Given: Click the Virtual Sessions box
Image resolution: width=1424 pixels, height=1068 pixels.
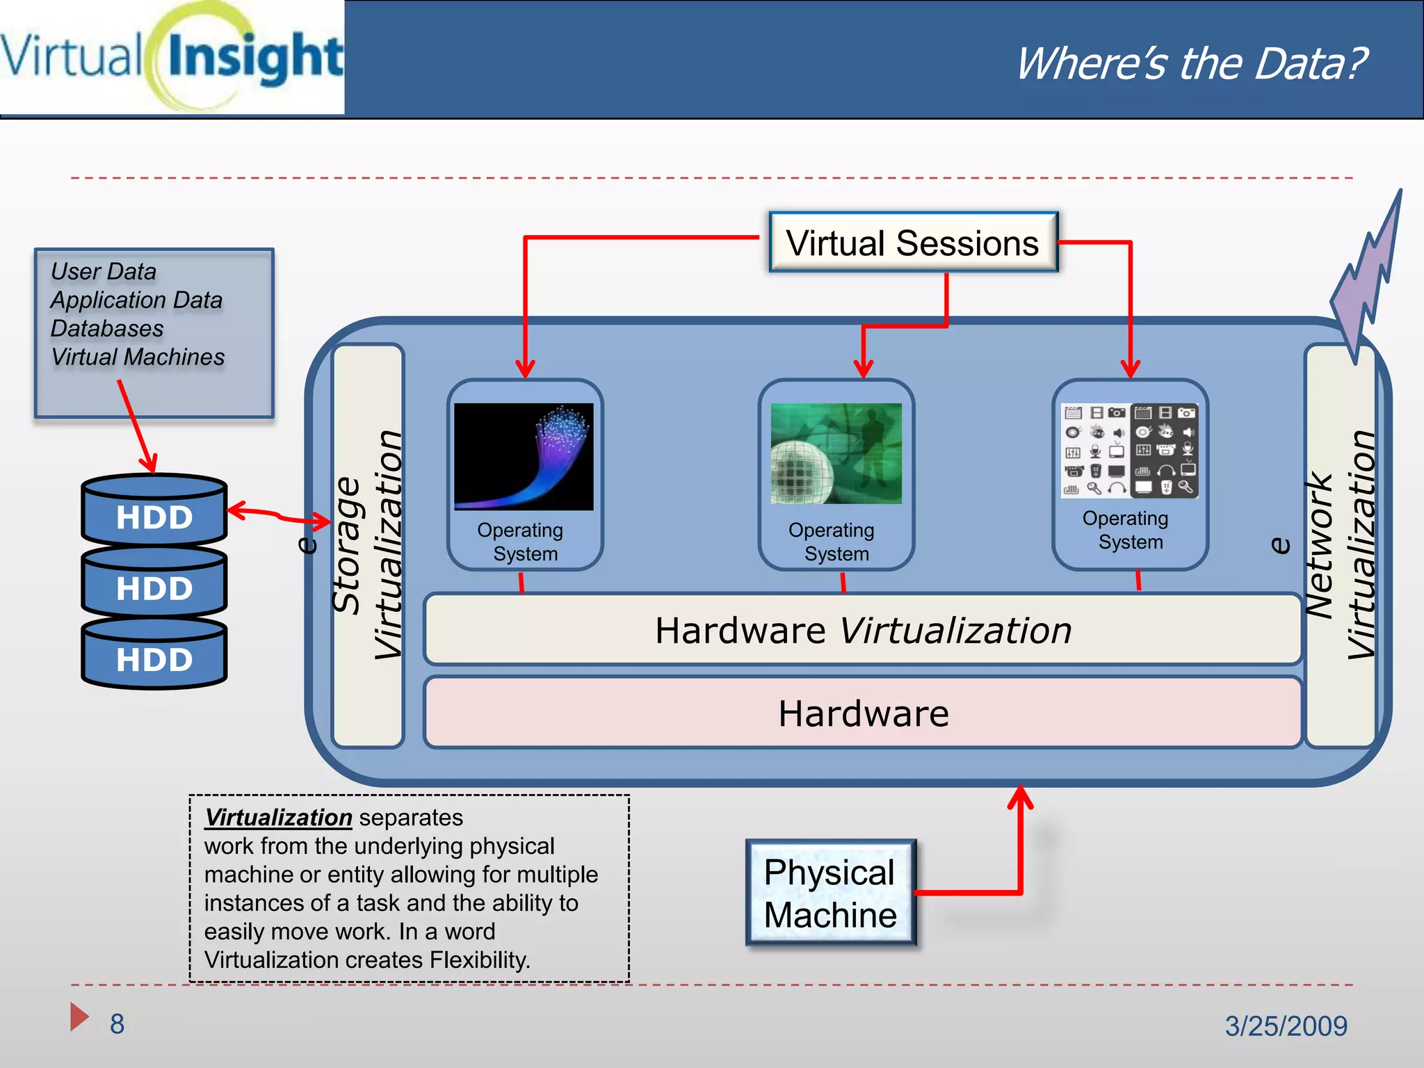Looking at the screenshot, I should click(913, 243).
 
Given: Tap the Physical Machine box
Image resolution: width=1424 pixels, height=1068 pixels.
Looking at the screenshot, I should click(830, 893).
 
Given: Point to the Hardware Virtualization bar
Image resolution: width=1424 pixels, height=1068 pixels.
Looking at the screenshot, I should click(862, 630).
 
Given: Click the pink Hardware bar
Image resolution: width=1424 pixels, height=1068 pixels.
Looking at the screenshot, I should click(862, 713).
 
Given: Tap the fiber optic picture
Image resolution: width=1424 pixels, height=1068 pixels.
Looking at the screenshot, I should click(524, 456).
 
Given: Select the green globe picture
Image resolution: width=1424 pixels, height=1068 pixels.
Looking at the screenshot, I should click(836, 453).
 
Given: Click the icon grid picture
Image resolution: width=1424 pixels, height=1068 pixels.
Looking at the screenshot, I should click(1130, 451).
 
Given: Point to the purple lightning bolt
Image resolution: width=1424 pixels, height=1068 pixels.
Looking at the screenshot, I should click(1366, 278).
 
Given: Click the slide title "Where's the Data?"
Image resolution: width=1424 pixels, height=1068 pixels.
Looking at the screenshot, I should click(1191, 63).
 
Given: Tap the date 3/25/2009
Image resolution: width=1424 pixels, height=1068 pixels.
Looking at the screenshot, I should click(1286, 1026).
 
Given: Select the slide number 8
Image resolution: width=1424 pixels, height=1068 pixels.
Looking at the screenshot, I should click(117, 1023).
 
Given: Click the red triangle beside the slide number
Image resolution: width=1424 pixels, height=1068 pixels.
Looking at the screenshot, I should click(79, 1017).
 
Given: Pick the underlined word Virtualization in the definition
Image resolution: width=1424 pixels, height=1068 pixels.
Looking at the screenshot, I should click(278, 818).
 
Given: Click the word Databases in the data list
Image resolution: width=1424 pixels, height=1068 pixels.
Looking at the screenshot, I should click(107, 328).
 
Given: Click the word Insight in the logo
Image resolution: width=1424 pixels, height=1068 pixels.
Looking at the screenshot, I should click(254, 58).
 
